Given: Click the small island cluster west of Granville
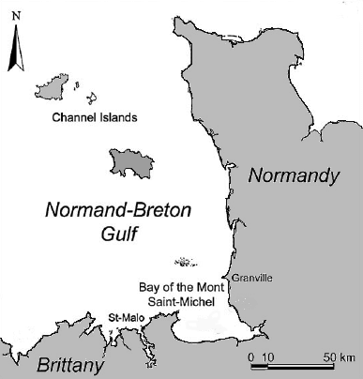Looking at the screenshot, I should point(184,263).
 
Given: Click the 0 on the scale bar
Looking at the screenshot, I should point(251,357).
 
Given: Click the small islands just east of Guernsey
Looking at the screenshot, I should point(91,97).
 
